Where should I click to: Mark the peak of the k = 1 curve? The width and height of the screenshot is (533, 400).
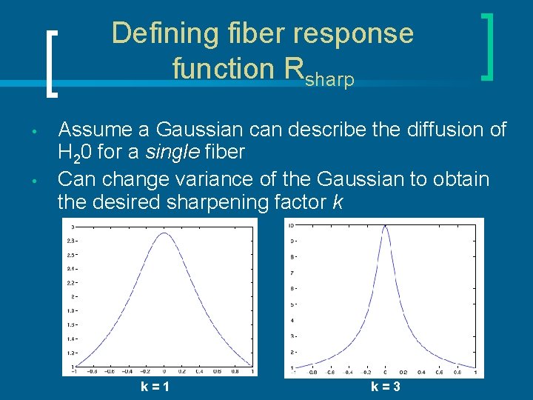pos(164,233)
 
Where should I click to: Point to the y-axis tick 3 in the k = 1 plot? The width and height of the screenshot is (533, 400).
pos(72,227)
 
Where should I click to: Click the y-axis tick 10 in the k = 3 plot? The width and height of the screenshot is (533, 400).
pos(292,225)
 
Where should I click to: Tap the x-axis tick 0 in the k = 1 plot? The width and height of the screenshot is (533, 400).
pos(164,373)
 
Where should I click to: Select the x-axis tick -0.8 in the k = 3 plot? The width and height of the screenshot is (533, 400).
pos(313,373)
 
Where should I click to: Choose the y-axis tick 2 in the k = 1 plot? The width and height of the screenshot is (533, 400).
pos(72,296)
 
